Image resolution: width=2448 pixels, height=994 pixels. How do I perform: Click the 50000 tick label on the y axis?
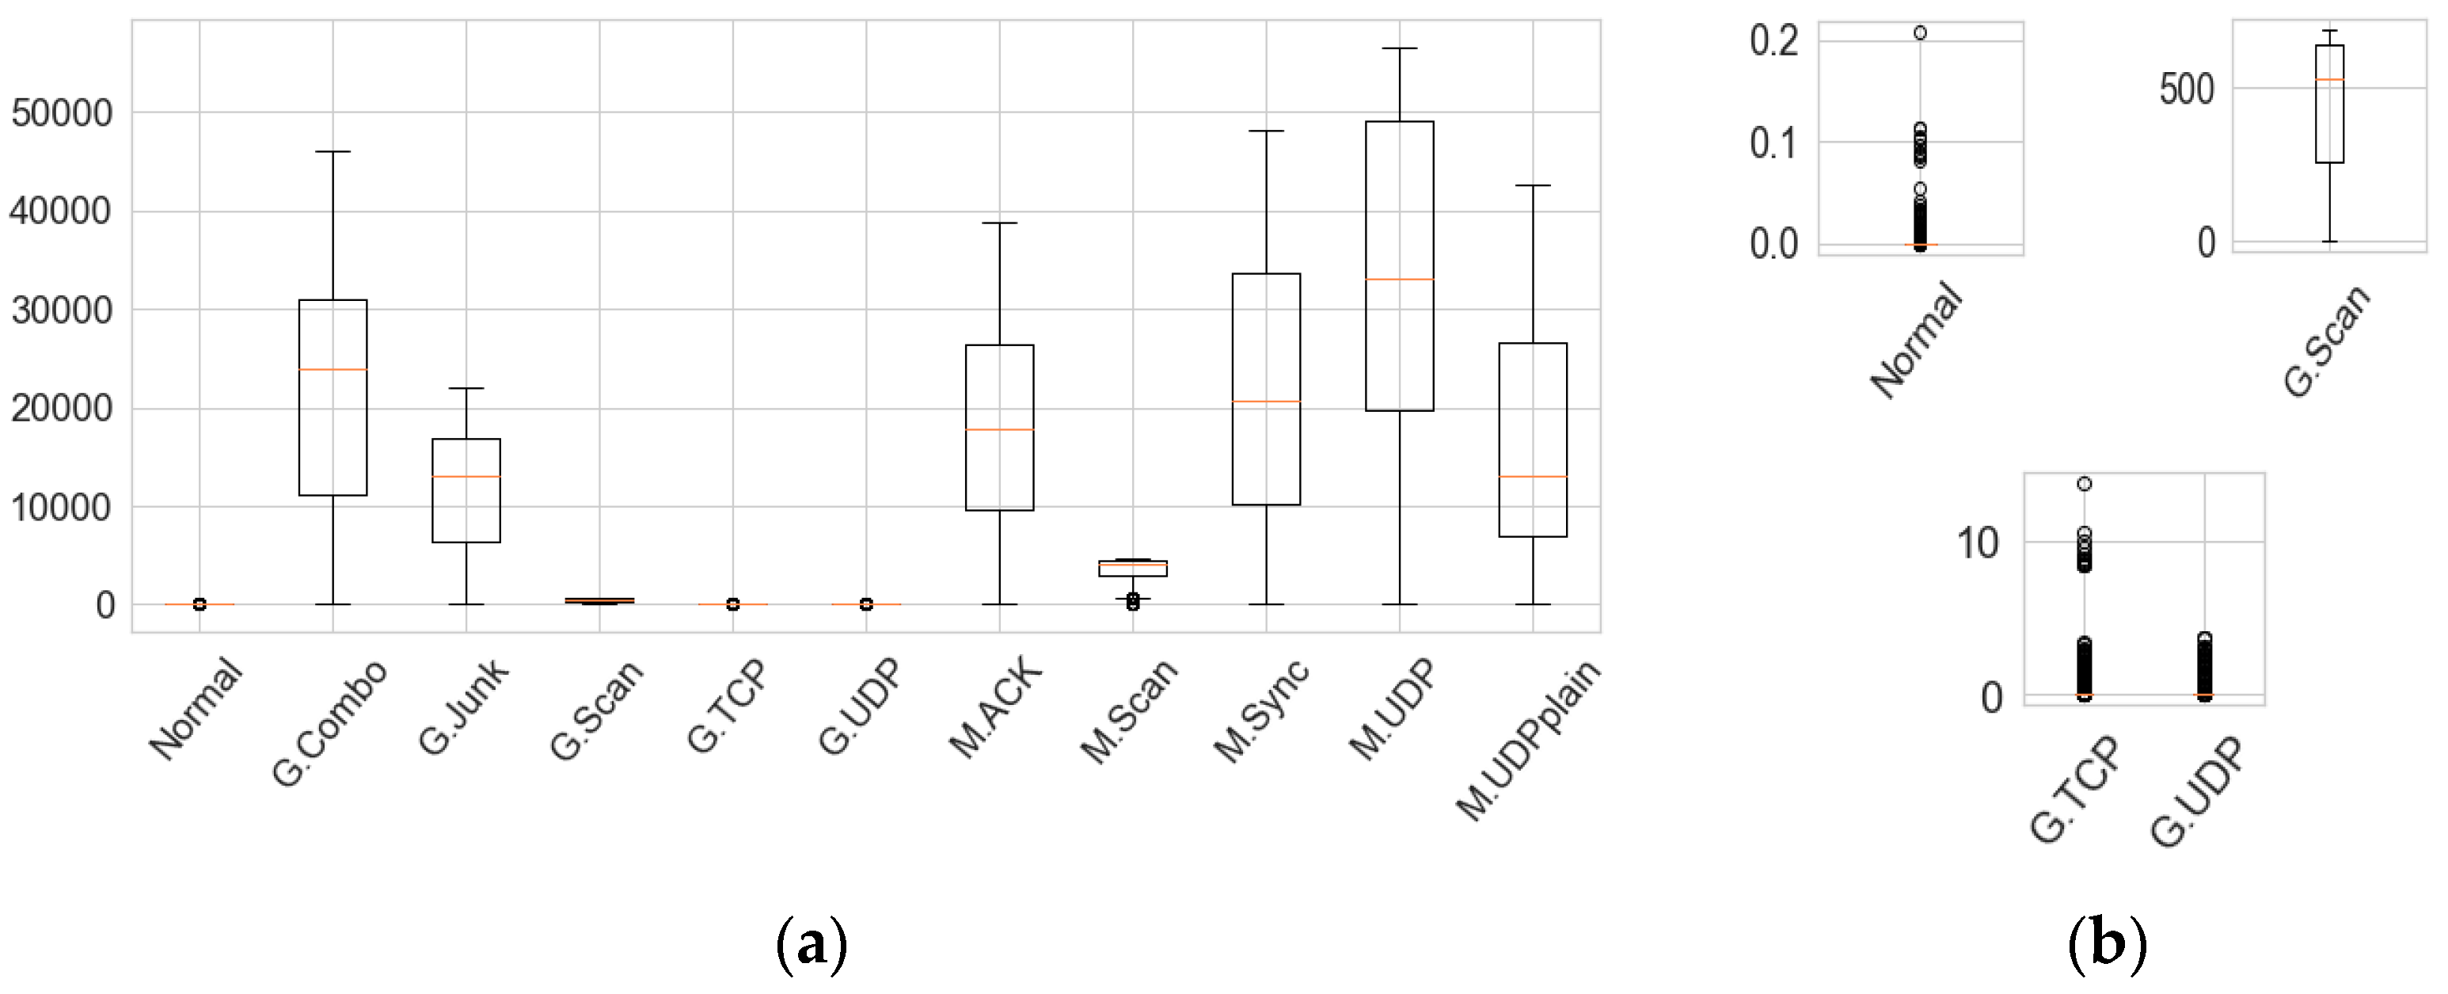click(x=62, y=113)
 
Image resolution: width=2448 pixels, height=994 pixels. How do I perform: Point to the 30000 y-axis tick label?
click(x=62, y=310)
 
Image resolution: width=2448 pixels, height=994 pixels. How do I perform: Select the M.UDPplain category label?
click(x=1528, y=739)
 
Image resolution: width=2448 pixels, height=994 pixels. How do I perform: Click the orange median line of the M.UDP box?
click(x=1399, y=280)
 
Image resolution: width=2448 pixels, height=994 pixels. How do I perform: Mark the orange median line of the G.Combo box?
click(x=333, y=369)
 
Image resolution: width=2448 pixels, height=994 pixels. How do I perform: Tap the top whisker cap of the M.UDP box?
click(x=1399, y=48)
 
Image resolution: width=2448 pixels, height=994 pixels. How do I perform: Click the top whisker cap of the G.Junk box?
click(x=466, y=389)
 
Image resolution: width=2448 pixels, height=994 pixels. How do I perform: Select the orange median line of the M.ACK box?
click(x=999, y=429)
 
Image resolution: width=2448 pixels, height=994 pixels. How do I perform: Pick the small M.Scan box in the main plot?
click(x=1132, y=568)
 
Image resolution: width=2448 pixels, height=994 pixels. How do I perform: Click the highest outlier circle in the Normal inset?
click(x=1920, y=33)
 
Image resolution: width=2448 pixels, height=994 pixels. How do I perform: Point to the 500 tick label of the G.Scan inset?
click(x=2187, y=89)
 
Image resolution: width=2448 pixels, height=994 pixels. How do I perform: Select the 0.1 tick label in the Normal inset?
click(x=1773, y=143)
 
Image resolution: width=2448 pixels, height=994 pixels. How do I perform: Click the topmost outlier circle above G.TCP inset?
click(x=2084, y=484)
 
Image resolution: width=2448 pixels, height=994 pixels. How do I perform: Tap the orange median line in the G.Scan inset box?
click(x=2329, y=80)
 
